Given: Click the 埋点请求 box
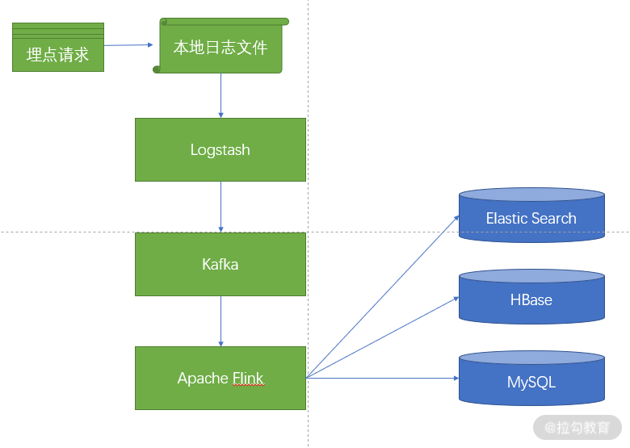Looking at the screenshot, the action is [58, 48].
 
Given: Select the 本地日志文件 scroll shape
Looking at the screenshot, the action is [220, 46].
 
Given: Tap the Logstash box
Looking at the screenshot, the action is [220, 149].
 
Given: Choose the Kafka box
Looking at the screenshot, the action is [220, 264].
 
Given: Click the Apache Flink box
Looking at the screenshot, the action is [220, 378].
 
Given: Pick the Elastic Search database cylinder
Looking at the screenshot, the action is [531, 216].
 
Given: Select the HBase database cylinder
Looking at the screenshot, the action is [531, 297].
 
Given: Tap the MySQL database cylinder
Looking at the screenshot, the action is [531, 379].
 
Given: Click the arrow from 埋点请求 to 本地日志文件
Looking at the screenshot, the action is [128, 45].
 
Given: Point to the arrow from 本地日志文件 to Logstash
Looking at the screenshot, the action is [220, 95].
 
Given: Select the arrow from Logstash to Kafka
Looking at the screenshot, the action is [220, 207].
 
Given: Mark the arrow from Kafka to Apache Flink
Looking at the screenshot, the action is [220, 321].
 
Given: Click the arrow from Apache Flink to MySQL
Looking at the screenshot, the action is [383, 378].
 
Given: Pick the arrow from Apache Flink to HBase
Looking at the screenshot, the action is [383, 337].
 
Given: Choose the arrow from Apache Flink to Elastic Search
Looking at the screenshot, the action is [383, 297].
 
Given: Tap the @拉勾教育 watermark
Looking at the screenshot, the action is [577, 428].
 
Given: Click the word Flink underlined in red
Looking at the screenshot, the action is [248, 379].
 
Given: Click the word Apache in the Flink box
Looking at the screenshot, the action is [204, 379].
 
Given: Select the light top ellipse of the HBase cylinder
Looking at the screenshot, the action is [531, 276].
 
